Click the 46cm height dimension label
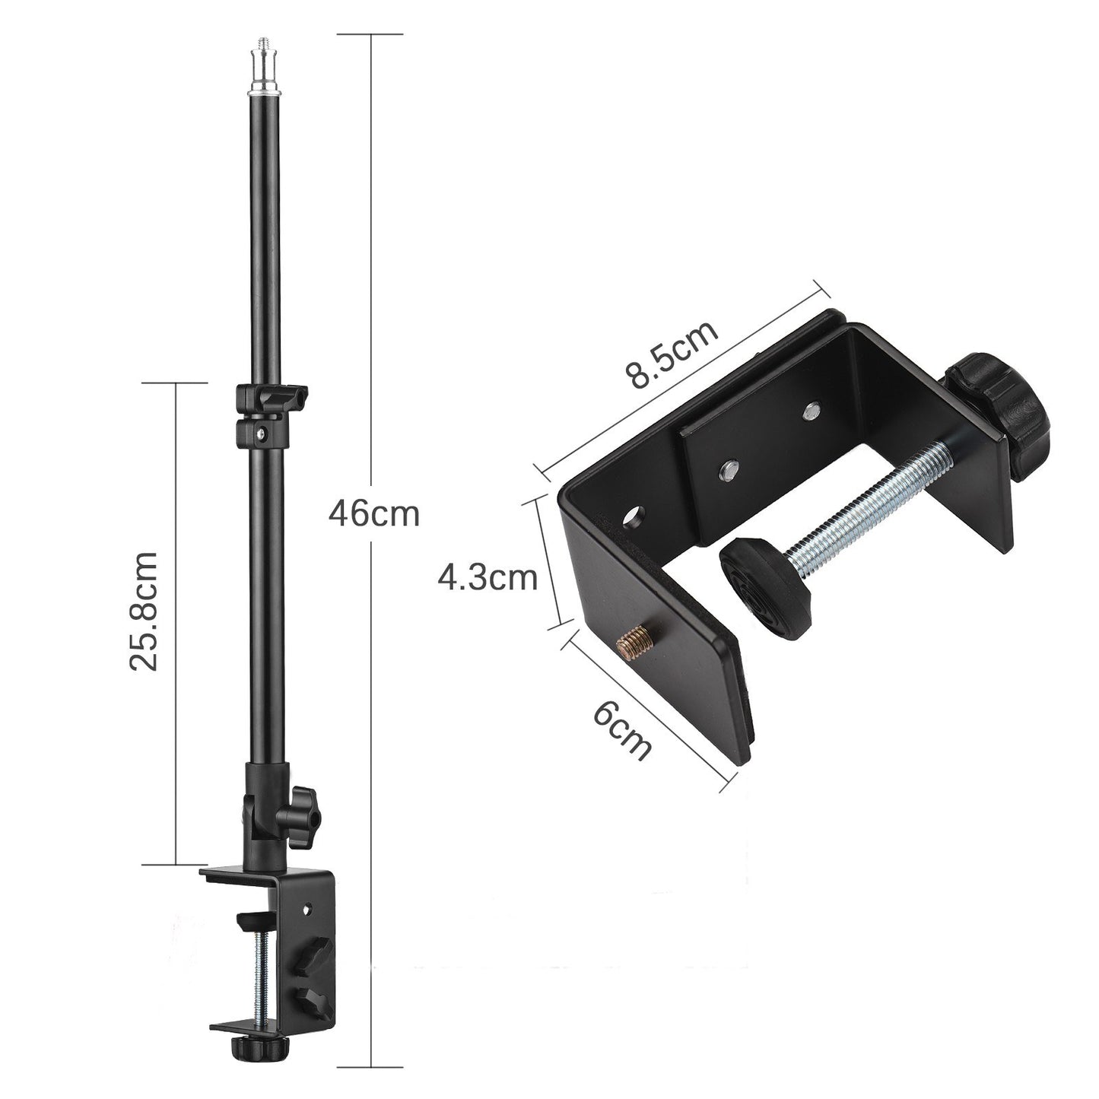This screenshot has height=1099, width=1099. [373, 514]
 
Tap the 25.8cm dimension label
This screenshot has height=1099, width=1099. [143, 611]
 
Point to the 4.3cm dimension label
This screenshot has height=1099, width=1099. [487, 579]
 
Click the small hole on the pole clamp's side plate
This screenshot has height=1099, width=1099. [307, 908]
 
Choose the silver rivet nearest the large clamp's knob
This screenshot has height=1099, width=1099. [812, 411]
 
